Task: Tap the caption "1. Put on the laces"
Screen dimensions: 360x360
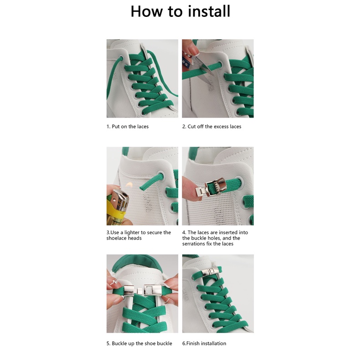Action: coord(128,127)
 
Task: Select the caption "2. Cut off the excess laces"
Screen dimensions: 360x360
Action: coord(212,127)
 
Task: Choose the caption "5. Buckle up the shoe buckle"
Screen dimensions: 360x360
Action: coord(139,344)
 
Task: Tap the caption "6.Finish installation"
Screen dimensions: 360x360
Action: coord(204,344)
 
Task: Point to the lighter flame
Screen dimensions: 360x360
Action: coord(129,185)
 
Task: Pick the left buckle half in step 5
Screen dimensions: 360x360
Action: coord(130,290)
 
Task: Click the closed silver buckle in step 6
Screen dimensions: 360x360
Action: coord(209,272)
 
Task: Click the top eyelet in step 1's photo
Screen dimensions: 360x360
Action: coord(120,57)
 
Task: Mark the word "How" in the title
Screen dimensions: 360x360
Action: coord(147,11)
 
